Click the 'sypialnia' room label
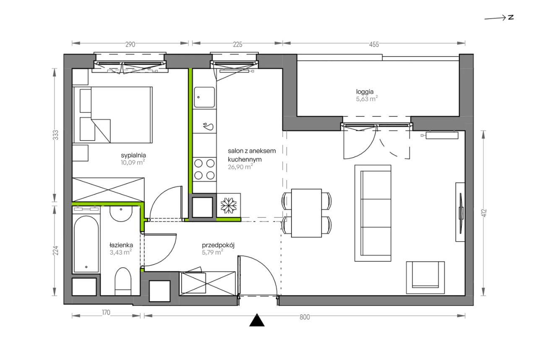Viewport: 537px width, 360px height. pos(133,155)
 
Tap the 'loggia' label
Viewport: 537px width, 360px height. pos(365,92)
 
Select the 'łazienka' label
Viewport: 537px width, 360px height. pos(121,245)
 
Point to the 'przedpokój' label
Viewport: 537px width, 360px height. pos(218,245)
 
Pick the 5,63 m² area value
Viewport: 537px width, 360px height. pos(367,99)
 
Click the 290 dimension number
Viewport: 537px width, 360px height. pos(130,44)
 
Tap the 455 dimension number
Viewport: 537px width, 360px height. pos(374,44)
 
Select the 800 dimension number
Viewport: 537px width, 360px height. pos(305,317)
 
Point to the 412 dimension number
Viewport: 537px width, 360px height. pos(484,213)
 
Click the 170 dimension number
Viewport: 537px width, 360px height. pos(106,313)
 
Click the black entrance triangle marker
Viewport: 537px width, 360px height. pos(257,320)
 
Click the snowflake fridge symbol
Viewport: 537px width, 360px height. pos(229,206)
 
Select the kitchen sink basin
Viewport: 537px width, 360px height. pos(204,97)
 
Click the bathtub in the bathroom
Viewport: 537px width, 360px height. pos(86,244)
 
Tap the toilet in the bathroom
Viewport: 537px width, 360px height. pos(123,282)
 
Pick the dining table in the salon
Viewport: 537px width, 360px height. pos(306,213)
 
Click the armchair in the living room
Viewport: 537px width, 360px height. pos(425,277)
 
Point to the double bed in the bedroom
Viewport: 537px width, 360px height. pos(113,115)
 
